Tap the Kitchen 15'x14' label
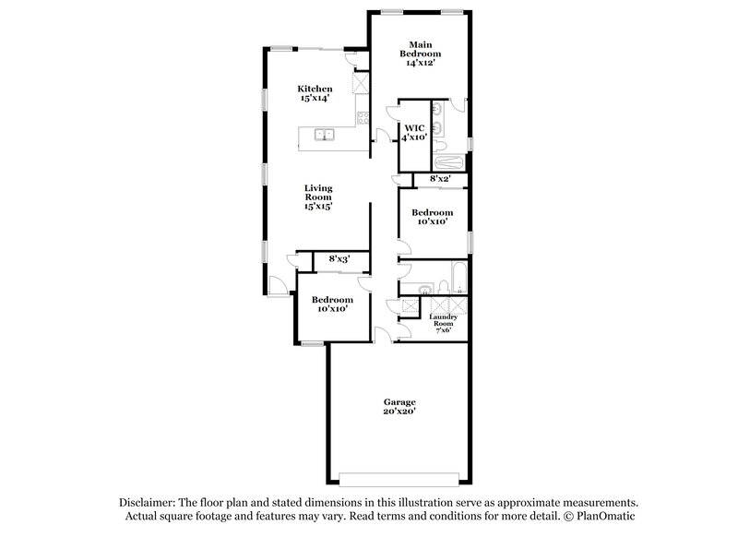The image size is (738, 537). (315, 93)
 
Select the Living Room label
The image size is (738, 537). (318, 197)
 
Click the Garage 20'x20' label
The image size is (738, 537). (400, 407)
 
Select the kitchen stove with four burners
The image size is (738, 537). (363, 118)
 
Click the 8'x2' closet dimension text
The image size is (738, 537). (438, 179)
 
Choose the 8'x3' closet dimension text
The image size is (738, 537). (339, 259)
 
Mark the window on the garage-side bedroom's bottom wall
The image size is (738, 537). (312, 343)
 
